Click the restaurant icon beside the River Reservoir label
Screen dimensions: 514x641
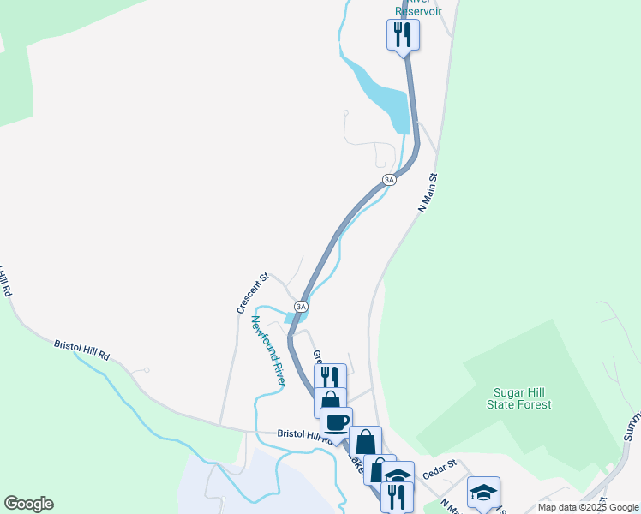[x=403, y=35]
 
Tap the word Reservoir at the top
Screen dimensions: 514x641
[x=419, y=11]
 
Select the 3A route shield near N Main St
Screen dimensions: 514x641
[x=389, y=180]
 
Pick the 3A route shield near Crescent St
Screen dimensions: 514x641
[x=301, y=306]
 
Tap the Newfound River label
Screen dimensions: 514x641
[x=267, y=350]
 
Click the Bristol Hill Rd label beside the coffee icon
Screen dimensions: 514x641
[x=298, y=434]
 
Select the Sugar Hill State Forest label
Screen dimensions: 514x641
[x=522, y=398]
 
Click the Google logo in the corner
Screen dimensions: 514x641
[x=28, y=504]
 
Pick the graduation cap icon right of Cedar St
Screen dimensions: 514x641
[x=483, y=492]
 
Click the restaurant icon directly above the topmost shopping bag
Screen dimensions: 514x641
[x=330, y=378]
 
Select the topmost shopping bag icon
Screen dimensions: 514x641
[x=330, y=402]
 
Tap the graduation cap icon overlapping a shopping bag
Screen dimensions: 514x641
[x=398, y=476]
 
